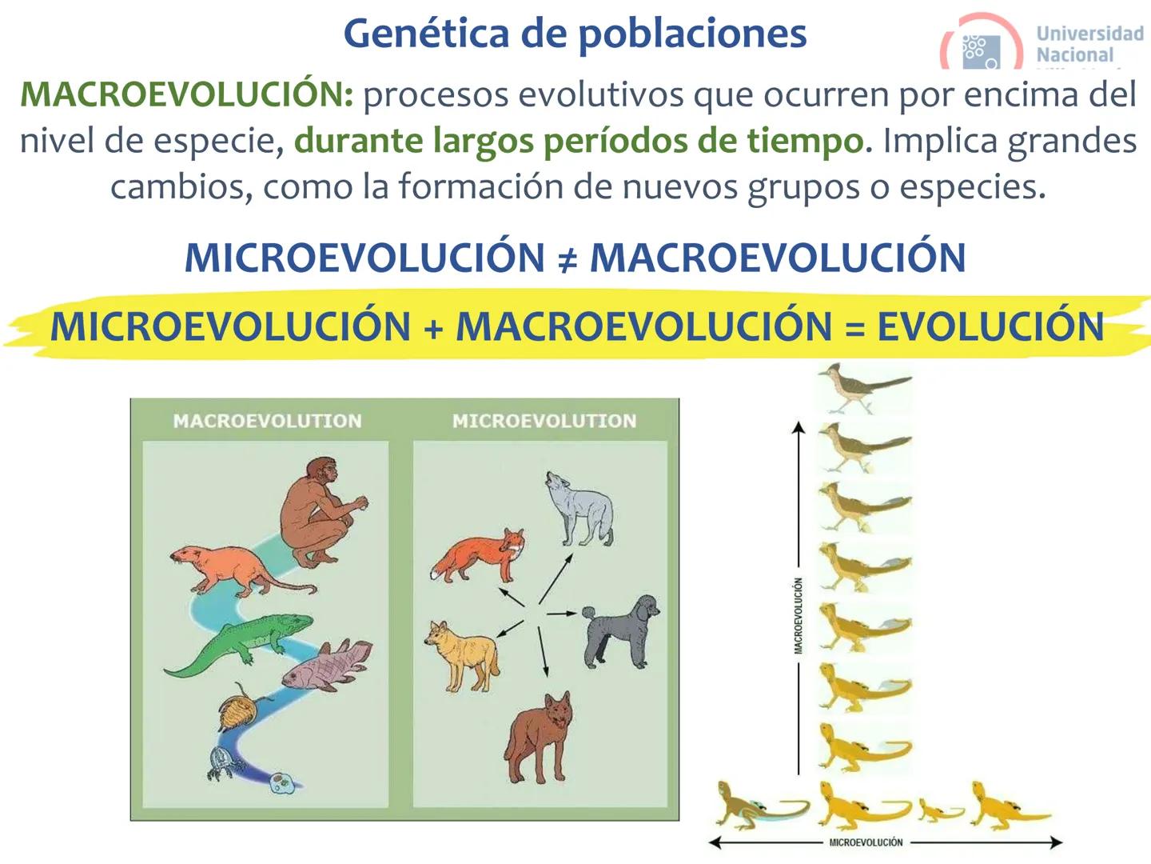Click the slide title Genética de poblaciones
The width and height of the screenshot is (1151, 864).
pos(575,34)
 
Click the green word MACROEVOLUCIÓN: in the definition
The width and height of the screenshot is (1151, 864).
pos(186,94)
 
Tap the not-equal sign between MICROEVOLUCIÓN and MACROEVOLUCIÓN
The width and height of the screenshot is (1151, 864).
pos(566,258)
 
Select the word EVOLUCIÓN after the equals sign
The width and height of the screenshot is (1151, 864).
pos(990,327)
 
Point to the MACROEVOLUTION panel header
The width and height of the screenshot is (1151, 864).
pos(267,421)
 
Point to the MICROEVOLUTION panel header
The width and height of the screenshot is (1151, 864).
pos(544,421)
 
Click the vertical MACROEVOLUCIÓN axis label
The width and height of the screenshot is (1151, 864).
pos(799,616)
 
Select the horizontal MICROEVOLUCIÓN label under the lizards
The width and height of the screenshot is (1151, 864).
pos(866,842)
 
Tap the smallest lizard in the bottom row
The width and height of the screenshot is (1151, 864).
pos(941,810)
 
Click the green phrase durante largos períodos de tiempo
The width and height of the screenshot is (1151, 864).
pos(579,141)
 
